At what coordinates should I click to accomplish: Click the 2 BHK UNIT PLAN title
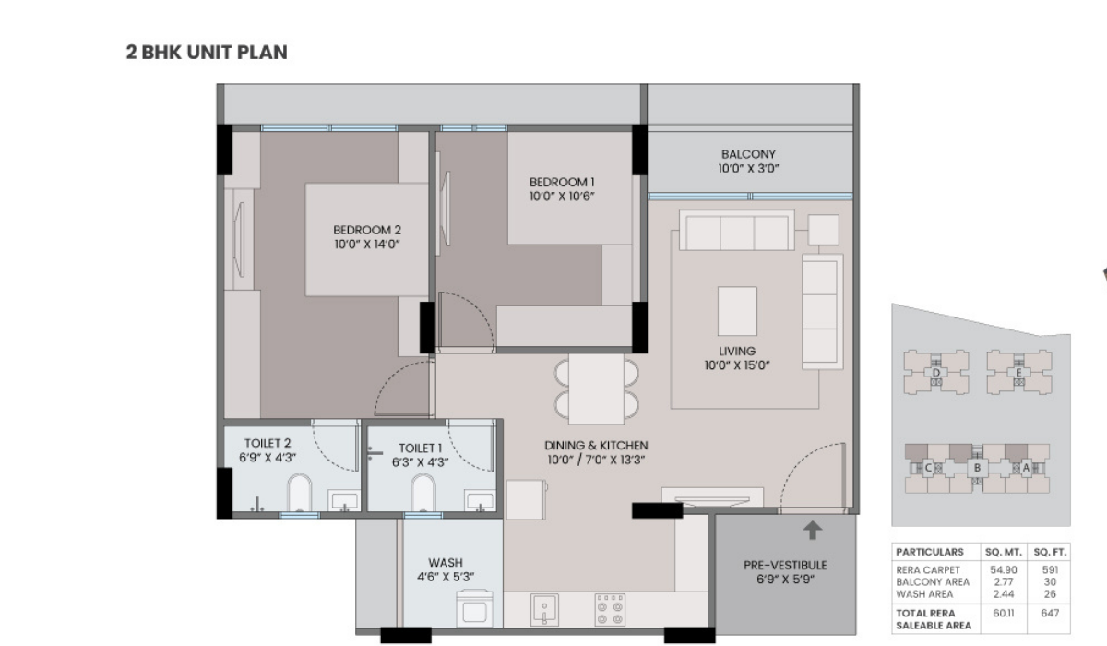point(207,53)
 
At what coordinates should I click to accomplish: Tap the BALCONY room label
point(748,154)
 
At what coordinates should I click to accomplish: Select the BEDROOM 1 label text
point(562,182)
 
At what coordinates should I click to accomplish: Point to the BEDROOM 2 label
point(367,230)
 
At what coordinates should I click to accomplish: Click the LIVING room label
point(737,351)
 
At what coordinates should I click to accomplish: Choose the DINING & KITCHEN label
point(596,445)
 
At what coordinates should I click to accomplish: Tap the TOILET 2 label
point(268,443)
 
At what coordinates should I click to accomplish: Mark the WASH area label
point(446,562)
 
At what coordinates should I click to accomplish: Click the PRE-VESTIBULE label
point(785,565)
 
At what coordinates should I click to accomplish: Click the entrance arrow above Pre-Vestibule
point(813,531)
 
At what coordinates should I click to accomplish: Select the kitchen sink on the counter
point(544,610)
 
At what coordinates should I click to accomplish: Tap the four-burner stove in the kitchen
point(610,610)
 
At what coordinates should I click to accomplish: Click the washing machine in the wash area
point(474,608)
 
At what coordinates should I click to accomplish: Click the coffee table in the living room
point(737,311)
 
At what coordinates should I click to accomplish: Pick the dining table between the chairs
point(596,389)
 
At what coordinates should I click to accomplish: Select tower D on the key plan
point(936,373)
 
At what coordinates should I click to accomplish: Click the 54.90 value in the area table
point(1004,570)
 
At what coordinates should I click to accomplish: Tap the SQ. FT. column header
point(1050,552)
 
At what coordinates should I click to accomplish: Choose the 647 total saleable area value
point(1050,614)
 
